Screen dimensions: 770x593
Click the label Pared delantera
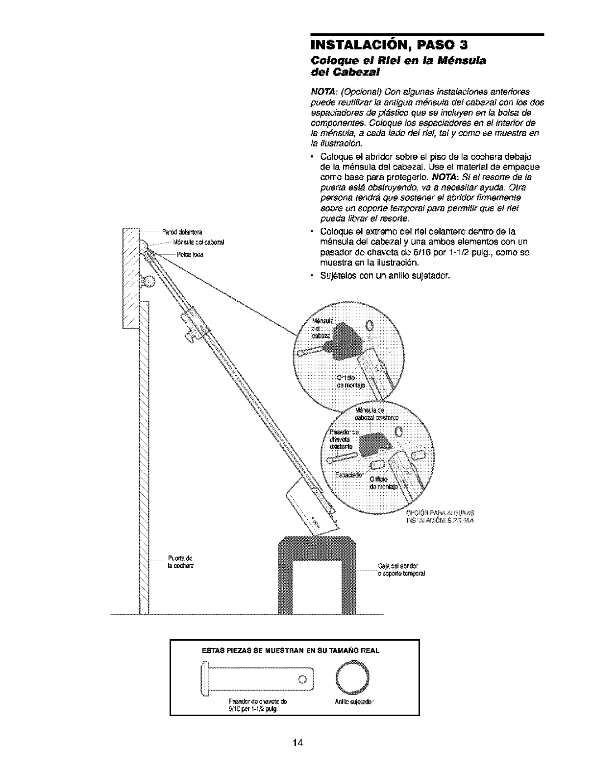(183, 232)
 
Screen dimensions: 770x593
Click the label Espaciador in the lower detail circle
(348, 476)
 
